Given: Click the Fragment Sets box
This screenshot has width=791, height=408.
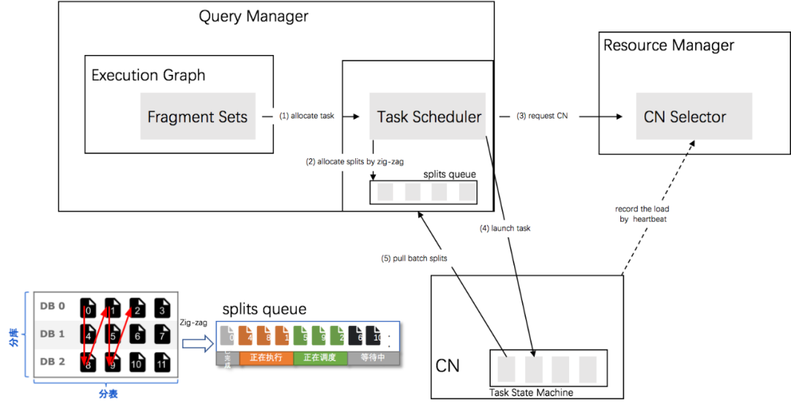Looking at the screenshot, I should click(x=198, y=116).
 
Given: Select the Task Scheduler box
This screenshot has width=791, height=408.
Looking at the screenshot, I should click(x=428, y=116).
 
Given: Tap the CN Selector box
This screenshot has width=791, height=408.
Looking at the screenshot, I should click(x=684, y=116).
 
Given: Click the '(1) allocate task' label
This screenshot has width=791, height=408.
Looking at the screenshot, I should click(x=307, y=116).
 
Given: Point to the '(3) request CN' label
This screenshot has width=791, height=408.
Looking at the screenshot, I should click(x=543, y=116).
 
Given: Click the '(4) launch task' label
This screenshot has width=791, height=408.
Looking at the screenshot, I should click(x=505, y=229).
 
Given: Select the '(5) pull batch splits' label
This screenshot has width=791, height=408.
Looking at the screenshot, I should click(x=414, y=258).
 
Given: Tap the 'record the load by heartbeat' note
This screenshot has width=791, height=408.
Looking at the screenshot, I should click(x=645, y=214).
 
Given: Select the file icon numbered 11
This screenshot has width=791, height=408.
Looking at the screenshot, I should click(x=162, y=363).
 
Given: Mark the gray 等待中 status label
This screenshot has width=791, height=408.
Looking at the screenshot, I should click(x=373, y=358).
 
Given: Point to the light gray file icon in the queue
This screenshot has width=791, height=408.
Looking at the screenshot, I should click(x=228, y=336).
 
